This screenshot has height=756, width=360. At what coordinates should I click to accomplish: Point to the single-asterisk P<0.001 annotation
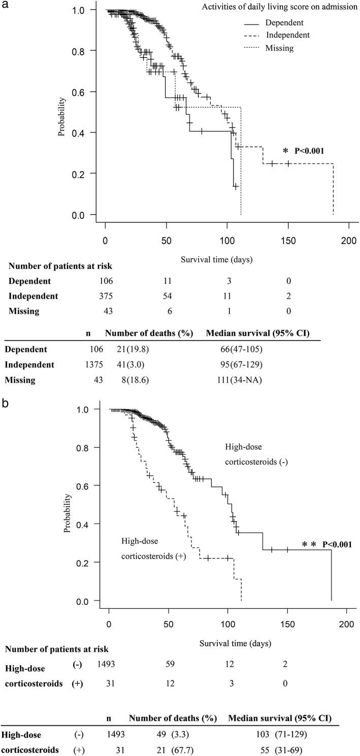coord(303,151)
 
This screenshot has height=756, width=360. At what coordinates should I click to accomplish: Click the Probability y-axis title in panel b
coord(68,514)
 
